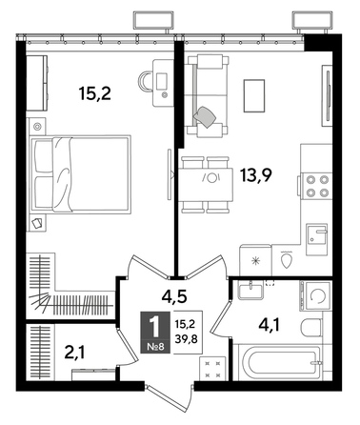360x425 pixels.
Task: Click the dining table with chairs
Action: point(210,175)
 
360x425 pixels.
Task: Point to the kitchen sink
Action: point(318,234)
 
